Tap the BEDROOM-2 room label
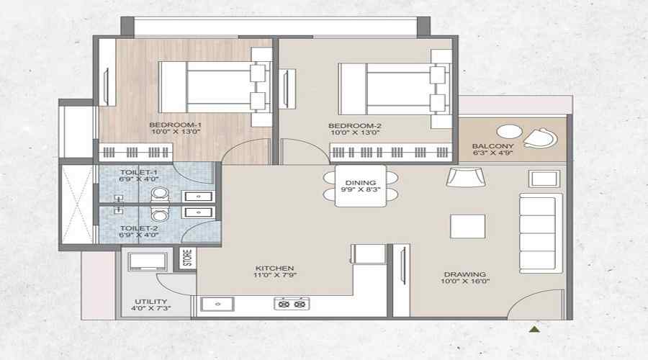pyautogui.click(x=355, y=125)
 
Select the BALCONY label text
pyautogui.click(x=492, y=144)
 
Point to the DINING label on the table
pyautogui.click(x=360, y=183)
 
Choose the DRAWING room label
pyautogui.click(x=464, y=274)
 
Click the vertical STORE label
pyautogui.click(x=187, y=258)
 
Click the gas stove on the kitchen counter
pyautogui.click(x=292, y=305)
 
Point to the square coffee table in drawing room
pyautogui.click(x=462, y=226)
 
